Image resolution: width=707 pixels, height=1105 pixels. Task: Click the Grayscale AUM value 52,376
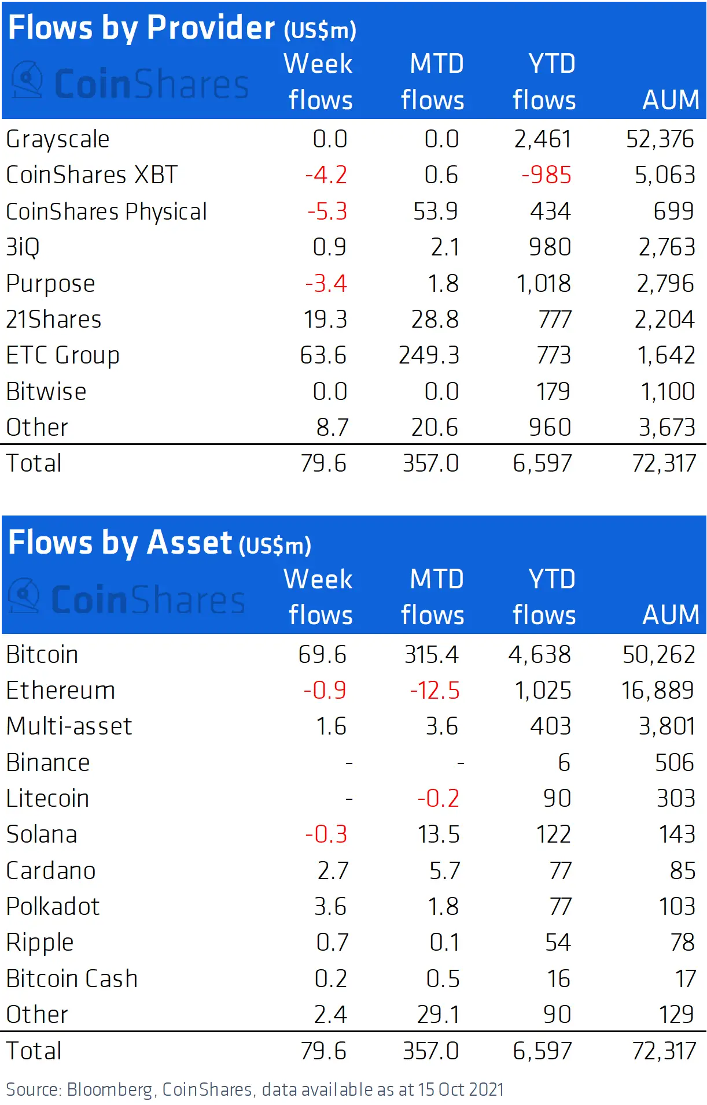pyautogui.click(x=660, y=139)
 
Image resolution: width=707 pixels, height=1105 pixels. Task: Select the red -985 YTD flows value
pyautogui.click(x=546, y=175)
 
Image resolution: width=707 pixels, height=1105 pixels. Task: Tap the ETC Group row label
pyautogui.click(x=62, y=355)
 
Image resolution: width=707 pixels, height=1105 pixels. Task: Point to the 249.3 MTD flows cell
pyautogui.click(x=429, y=355)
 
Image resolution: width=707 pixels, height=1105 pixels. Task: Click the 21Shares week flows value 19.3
pyautogui.click(x=325, y=320)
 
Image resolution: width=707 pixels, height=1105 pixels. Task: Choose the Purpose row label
pyautogui.click(x=50, y=284)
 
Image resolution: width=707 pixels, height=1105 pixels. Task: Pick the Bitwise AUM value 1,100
pyautogui.click(x=667, y=392)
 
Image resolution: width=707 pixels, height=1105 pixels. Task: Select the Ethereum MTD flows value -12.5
pyautogui.click(x=434, y=691)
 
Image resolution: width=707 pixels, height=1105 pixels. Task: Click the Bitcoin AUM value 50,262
pyautogui.click(x=658, y=655)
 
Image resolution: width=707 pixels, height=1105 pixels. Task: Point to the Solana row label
pyautogui.click(x=42, y=835)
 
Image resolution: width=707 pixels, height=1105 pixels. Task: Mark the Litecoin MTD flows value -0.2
pyautogui.click(x=438, y=799)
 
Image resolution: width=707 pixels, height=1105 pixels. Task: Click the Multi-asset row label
pyautogui.click(x=69, y=726)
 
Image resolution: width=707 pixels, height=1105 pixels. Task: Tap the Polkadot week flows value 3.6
pyautogui.click(x=330, y=907)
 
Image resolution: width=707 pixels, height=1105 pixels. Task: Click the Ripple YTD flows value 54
pyautogui.click(x=558, y=943)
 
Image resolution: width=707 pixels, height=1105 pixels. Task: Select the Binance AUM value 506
pyautogui.click(x=674, y=763)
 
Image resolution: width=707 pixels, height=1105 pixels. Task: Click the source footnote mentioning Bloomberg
pyautogui.click(x=255, y=1090)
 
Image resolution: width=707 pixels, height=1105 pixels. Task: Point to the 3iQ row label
pyautogui.click(x=23, y=247)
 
